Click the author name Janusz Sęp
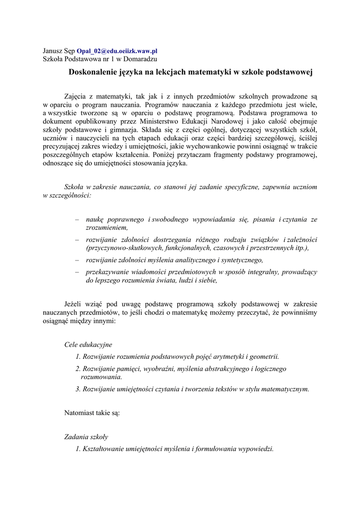(59, 51)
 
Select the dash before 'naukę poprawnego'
(77, 219)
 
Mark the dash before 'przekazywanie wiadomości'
(77, 272)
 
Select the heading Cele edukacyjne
(89, 344)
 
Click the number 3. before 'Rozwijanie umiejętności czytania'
(78, 389)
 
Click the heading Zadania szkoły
(87, 436)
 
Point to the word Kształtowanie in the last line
(105, 448)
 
